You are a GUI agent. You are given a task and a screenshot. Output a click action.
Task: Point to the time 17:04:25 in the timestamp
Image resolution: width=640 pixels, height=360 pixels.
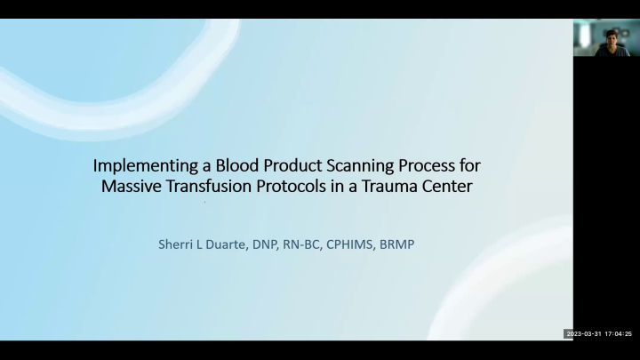pyautogui.click(x=620, y=334)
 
